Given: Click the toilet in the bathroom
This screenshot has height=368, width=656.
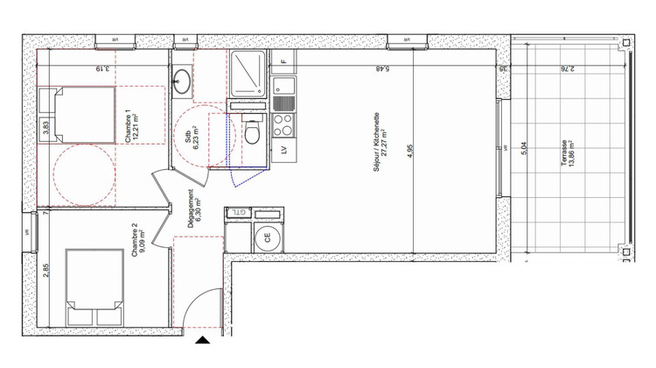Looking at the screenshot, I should [x=253, y=132].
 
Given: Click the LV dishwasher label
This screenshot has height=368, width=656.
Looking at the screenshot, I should [x=283, y=150].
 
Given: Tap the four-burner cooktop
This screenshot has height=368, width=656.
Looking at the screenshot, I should [x=283, y=124].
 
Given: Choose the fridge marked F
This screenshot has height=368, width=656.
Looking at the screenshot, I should [x=283, y=61].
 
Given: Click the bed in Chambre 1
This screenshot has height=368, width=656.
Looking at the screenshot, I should [x=82, y=115].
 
